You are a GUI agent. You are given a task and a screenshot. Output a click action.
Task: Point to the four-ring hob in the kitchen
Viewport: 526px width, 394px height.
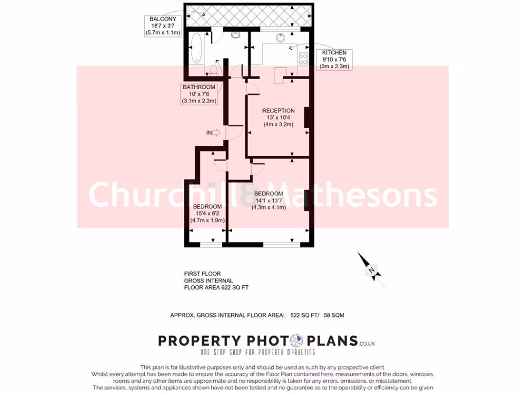[x=303, y=59]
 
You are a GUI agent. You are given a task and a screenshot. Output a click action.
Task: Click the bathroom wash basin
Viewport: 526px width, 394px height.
[x=236, y=35]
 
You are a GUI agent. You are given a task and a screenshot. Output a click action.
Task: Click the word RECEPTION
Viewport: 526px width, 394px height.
[x=278, y=110]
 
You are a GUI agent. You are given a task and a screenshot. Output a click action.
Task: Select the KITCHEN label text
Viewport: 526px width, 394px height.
[x=334, y=52]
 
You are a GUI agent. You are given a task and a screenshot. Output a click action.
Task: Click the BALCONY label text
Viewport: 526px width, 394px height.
[x=163, y=19]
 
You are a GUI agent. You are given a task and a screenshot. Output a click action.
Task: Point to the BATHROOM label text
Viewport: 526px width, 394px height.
[x=199, y=87]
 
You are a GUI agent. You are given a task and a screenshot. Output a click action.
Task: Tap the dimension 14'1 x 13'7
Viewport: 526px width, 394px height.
[x=268, y=201]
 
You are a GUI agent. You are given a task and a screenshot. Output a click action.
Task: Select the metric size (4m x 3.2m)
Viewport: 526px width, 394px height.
[x=278, y=124]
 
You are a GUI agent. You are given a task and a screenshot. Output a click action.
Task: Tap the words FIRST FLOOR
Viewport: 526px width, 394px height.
[x=202, y=274]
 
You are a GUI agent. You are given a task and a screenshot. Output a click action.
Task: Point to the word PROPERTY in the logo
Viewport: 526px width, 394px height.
[x=199, y=341]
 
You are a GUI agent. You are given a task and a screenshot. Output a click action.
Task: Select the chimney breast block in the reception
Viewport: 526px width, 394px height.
[x=306, y=117]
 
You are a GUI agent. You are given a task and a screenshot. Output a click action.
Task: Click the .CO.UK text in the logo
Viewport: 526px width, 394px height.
[x=367, y=343]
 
